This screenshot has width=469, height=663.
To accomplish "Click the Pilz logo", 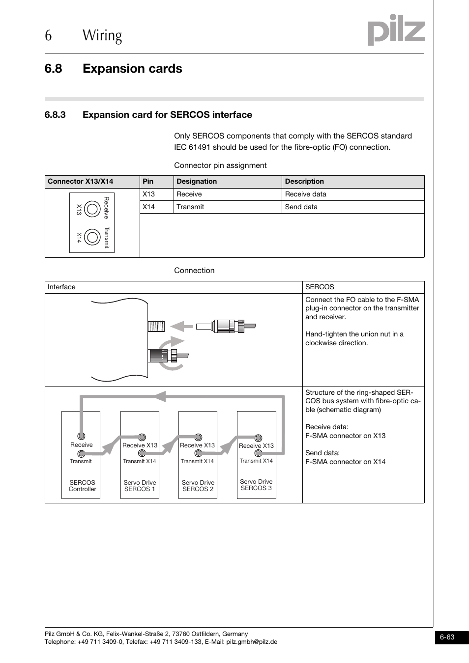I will tap(396, 30).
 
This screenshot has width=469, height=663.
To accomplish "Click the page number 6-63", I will tap(447, 637).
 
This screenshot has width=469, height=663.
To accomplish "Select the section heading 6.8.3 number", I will tap(55, 115).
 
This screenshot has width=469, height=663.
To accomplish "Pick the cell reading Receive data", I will tap(305, 194).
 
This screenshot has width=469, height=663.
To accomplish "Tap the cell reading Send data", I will tap(301, 207).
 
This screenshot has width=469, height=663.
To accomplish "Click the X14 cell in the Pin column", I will tap(148, 207).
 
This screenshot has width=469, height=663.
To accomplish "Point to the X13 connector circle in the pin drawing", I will tap(92, 209).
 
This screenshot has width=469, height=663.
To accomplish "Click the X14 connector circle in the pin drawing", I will tap(92, 237).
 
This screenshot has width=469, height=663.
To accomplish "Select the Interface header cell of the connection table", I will tap(61, 287).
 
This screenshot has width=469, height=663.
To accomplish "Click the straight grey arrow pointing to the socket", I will tap(181, 326).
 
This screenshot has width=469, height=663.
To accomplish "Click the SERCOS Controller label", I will tap(82, 486).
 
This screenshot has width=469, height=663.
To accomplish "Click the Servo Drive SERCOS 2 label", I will tap(198, 486).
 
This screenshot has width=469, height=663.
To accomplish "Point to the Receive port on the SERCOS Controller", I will tap(81, 436).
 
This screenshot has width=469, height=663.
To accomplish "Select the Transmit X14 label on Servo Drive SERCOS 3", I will tap(256, 461).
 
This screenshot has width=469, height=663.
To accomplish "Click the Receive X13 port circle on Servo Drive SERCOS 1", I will tap(142, 437).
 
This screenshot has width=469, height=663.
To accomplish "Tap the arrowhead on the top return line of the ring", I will tap(160, 396).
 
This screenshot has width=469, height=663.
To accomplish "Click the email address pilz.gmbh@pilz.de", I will tap(251, 641).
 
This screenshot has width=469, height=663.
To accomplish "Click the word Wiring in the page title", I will tap(102, 35).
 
